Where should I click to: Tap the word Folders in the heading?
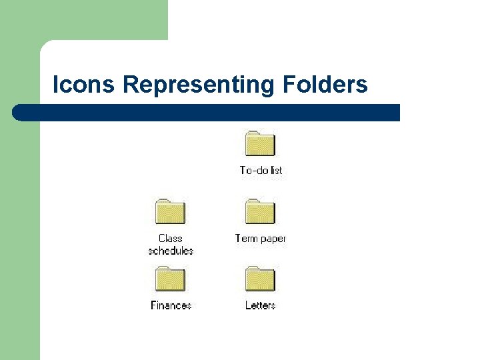point(325,85)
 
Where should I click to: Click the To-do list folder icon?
point(260,144)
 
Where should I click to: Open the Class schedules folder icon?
point(170,211)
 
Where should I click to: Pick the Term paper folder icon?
point(260,211)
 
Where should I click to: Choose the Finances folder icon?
point(170,279)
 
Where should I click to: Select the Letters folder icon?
point(260,279)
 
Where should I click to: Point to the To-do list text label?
point(261,171)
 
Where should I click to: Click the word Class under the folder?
point(171,238)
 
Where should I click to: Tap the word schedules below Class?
point(171,251)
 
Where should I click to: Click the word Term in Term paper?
point(247,238)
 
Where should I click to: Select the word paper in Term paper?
point(273,239)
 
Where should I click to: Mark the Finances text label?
point(171,305)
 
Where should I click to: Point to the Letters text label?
point(261,305)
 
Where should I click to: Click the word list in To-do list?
point(276,171)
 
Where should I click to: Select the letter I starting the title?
point(55,85)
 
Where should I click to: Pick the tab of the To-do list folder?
point(252,133)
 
